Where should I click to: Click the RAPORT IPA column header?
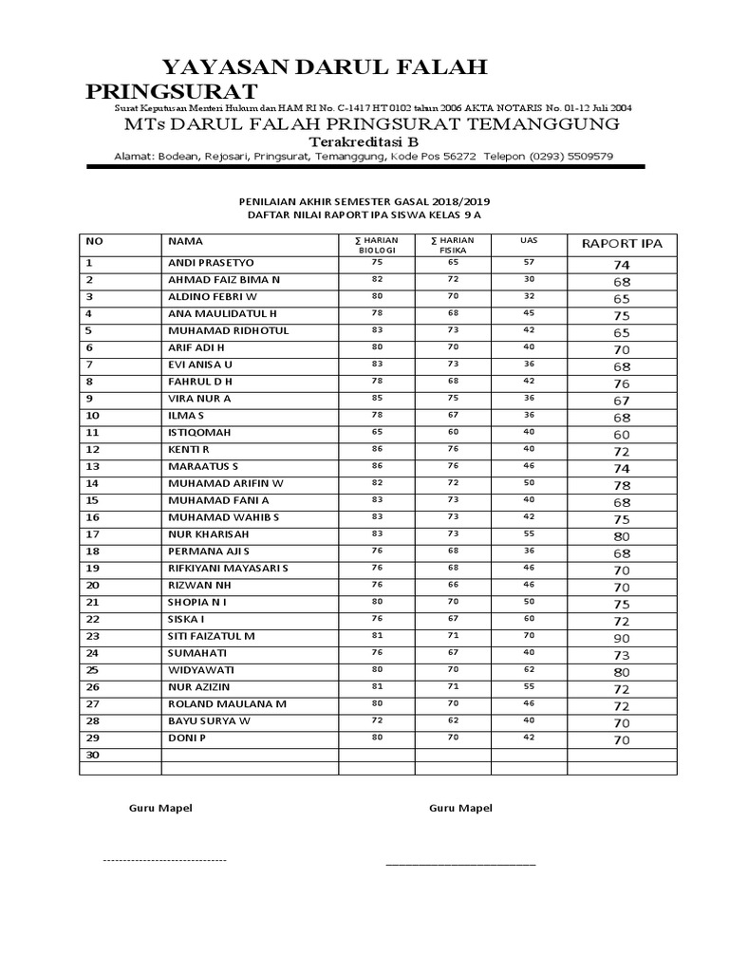622,244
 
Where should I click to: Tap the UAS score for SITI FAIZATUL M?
529,635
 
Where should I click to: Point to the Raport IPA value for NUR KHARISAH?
622,535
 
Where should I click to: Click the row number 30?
92,755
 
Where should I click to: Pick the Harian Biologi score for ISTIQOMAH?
377,432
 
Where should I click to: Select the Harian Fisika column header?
453,245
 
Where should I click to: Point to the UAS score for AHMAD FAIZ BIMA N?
529,279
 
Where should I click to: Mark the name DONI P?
187,738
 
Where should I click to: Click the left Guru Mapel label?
160,808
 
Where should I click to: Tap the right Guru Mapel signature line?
459,864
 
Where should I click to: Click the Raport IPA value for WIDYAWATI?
622,672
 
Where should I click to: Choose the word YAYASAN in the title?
209,66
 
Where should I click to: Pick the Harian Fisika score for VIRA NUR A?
453,398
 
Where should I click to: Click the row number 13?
92,466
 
